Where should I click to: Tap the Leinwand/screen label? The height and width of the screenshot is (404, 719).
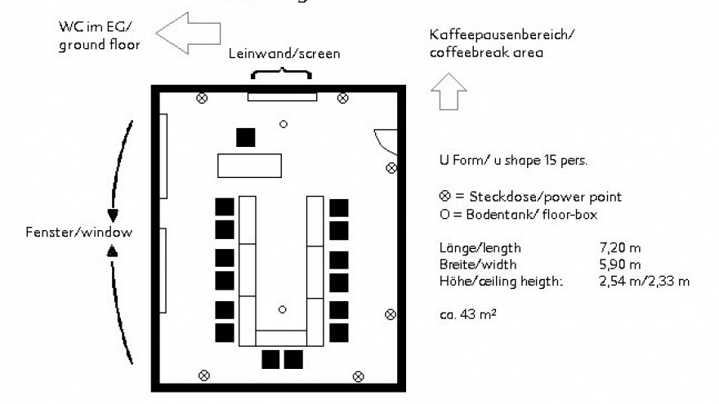click(x=283, y=54)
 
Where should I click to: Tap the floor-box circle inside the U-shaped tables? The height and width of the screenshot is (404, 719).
click(x=282, y=309)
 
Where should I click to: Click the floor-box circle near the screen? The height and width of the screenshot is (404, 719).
click(x=283, y=124)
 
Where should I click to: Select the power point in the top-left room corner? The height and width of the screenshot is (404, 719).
click(x=203, y=98)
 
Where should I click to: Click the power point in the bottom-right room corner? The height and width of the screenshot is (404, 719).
click(x=358, y=375)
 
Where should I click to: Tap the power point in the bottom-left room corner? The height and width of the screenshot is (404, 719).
click(x=204, y=375)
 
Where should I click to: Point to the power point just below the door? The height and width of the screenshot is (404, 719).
click(x=391, y=168)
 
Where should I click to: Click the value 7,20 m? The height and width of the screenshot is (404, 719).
click(x=619, y=248)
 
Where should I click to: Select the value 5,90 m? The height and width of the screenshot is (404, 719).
click(x=619, y=264)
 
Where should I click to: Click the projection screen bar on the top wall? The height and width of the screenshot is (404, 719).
click(x=282, y=97)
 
